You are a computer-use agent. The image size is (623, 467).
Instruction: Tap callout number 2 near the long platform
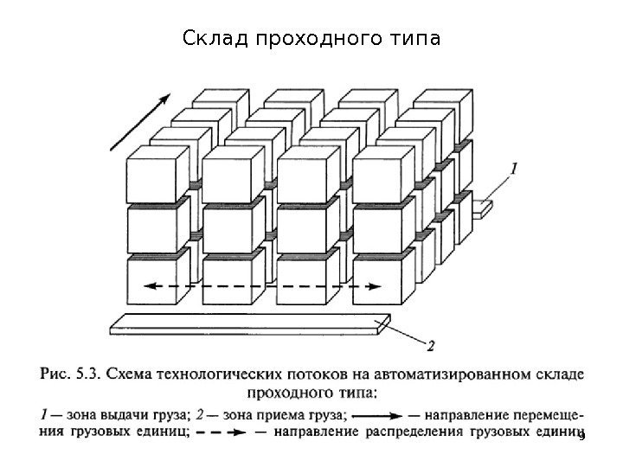coord(431,345)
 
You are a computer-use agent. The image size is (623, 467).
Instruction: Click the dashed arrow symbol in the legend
coord(228,432)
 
